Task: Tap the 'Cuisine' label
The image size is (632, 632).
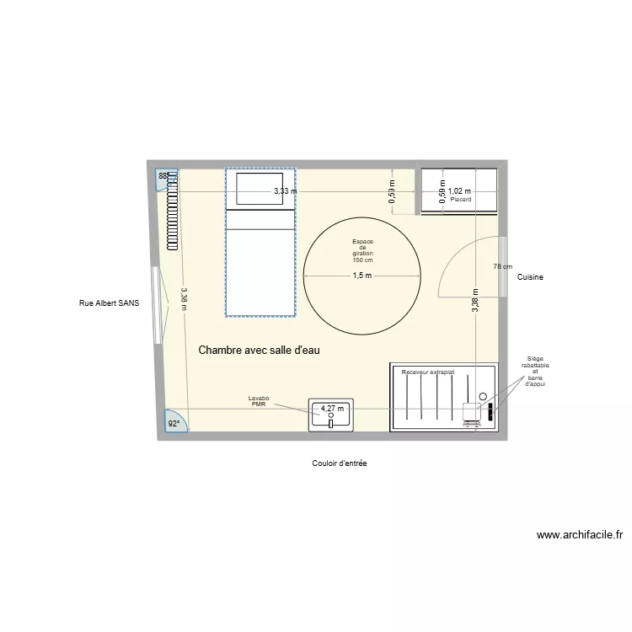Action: click(x=529, y=276)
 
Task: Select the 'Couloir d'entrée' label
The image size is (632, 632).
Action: click(x=339, y=463)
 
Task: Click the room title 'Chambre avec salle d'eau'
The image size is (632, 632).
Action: click(x=259, y=350)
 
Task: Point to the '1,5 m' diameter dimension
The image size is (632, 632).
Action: click(x=362, y=276)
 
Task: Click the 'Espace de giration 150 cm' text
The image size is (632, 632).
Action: click(x=362, y=251)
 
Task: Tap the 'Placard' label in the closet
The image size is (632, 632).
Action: click(x=460, y=200)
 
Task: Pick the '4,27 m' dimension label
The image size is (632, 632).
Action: click(x=332, y=410)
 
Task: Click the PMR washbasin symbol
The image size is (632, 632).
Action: click(x=332, y=415)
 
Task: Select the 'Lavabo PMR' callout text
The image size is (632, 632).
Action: click(x=257, y=400)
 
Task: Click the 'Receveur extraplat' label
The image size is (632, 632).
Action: click(x=428, y=372)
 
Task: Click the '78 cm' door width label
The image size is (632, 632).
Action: click(x=502, y=266)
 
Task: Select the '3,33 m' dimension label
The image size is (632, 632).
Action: click(x=285, y=191)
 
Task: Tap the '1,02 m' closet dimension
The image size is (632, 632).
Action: click(x=459, y=191)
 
